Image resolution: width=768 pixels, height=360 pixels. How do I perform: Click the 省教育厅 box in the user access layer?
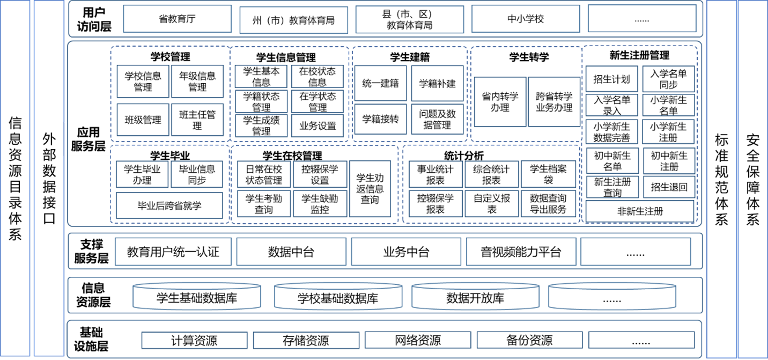(x=177, y=19)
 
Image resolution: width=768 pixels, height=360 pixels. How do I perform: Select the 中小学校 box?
(x=526, y=19)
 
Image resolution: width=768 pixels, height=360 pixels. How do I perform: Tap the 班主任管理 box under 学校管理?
(x=197, y=120)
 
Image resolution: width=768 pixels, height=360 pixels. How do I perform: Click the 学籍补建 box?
(x=437, y=83)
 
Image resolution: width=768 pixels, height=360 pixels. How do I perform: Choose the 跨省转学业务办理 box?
(x=554, y=102)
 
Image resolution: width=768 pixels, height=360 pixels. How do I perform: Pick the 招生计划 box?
(x=612, y=79)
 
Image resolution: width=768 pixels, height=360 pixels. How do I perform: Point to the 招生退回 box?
(x=669, y=187)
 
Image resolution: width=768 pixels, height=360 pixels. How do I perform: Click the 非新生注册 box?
(x=640, y=211)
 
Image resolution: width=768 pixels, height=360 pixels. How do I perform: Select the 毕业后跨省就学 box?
(x=169, y=206)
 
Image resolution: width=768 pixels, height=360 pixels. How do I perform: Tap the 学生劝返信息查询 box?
(x=370, y=189)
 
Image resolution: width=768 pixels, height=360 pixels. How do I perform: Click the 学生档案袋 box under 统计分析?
(x=548, y=174)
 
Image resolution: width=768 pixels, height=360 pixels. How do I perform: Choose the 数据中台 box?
(x=291, y=252)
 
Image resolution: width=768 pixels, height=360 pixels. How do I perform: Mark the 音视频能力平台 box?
(x=521, y=252)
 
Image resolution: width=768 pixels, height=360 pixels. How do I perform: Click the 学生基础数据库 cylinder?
(x=197, y=296)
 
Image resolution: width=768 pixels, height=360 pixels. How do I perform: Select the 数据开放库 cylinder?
(x=475, y=296)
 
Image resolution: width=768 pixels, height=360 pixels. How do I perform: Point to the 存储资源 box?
(x=306, y=340)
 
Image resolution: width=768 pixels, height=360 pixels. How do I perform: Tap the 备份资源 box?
(x=530, y=340)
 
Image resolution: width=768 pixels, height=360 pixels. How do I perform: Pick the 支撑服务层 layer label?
(x=91, y=251)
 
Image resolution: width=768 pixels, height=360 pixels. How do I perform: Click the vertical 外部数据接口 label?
(x=49, y=178)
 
